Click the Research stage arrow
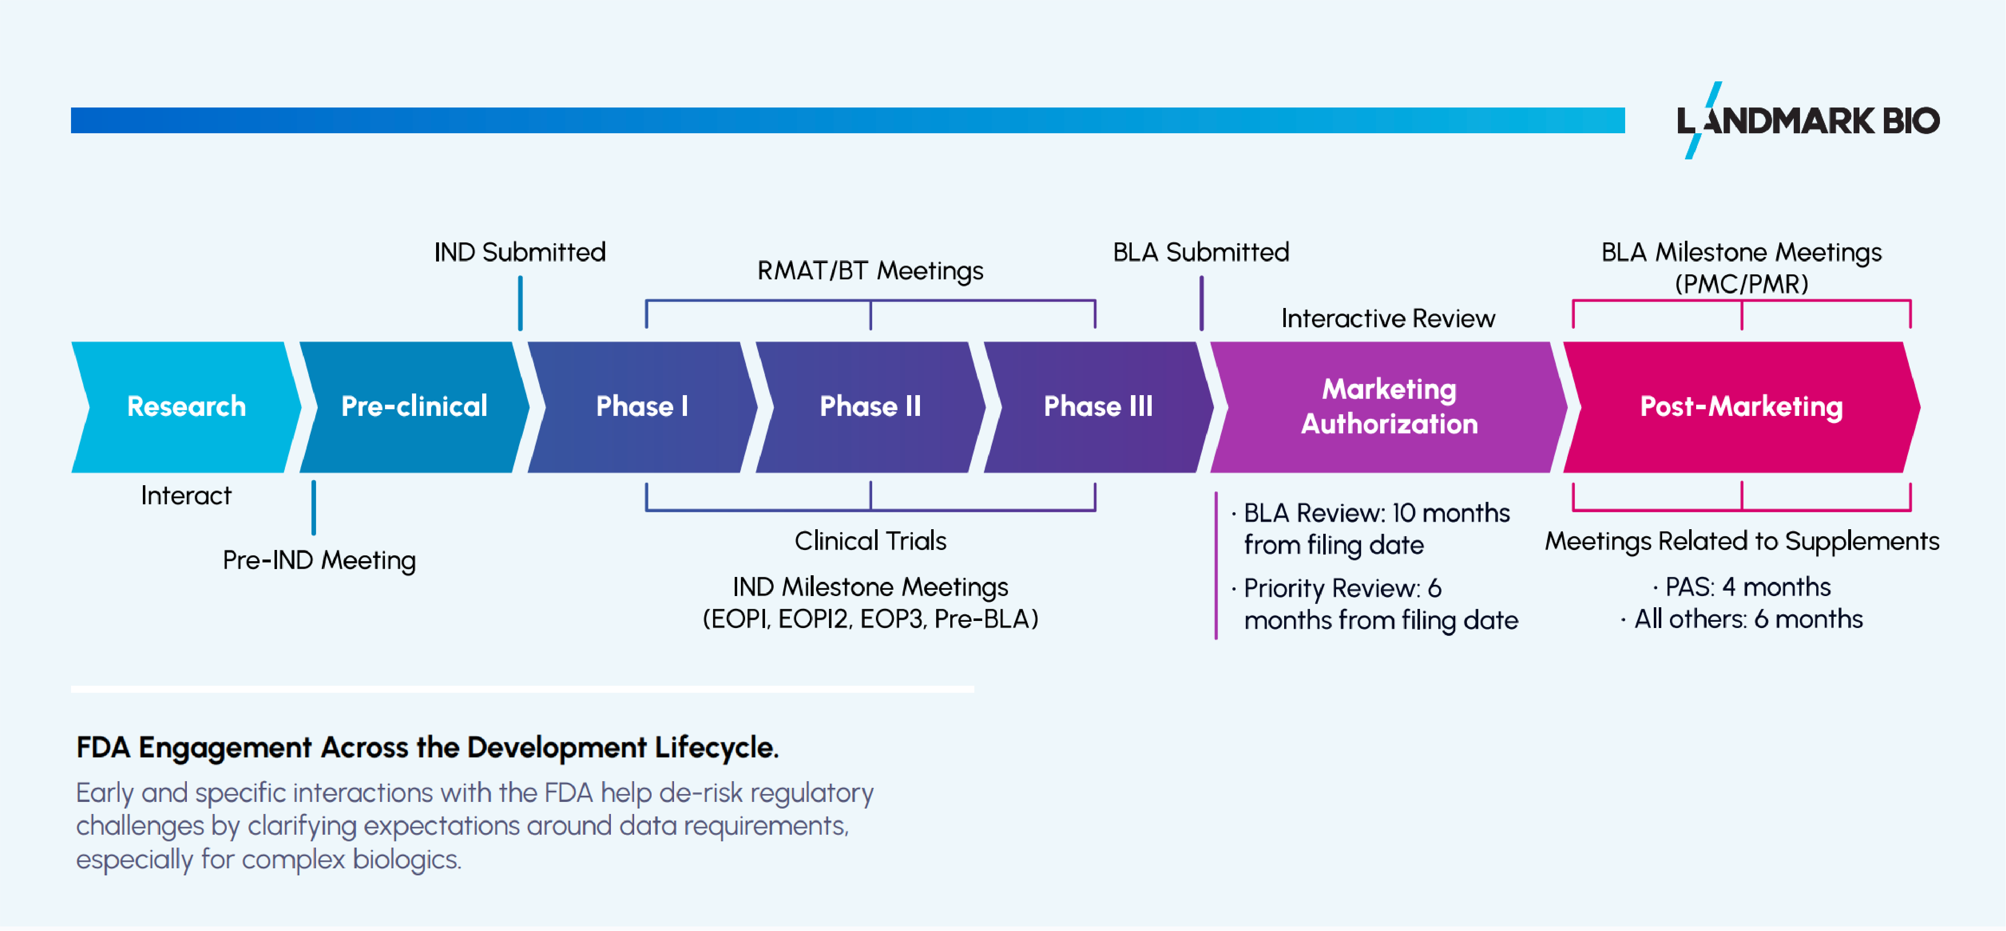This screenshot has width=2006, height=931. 186,406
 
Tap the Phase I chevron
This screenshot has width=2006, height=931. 642,406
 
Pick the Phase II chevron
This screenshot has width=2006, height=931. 870,406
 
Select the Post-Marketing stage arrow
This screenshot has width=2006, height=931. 1741,406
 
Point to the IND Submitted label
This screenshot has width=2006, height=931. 520,252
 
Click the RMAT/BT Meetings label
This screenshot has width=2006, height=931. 870,271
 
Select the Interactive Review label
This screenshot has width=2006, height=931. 1388,318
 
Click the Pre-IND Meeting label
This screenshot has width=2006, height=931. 319,560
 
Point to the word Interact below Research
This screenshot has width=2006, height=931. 186,496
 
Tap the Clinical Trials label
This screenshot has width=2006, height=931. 870,541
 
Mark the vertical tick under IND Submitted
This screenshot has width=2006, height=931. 520,303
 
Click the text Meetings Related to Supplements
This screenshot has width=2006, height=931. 1741,541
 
